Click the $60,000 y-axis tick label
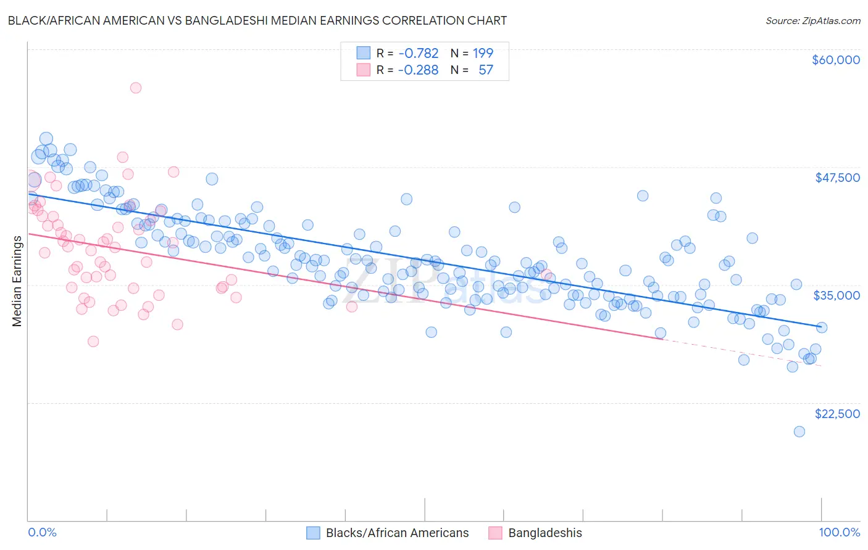(x=835, y=60)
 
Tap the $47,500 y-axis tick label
(x=837, y=178)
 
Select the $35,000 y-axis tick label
(x=837, y=295)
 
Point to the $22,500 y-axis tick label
(x=837, y=414)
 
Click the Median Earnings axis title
(x=17, y=281)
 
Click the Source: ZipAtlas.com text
(x=812, y=21)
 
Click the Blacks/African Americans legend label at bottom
(x=397, y=533)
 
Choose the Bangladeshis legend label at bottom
(x=545, y=533)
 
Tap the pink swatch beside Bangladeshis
(x=495, y=533)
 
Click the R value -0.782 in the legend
(x=418, y=53)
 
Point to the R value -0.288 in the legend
(x=418, y=70)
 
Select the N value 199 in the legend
(x=483, y=53)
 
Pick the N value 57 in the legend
(x=486, y=70)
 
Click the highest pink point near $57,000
(x=136, y=88)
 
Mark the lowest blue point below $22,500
(x=799, y=432)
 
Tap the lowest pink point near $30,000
(x=93, y=342)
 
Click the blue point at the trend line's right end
(x=821, y=327)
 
